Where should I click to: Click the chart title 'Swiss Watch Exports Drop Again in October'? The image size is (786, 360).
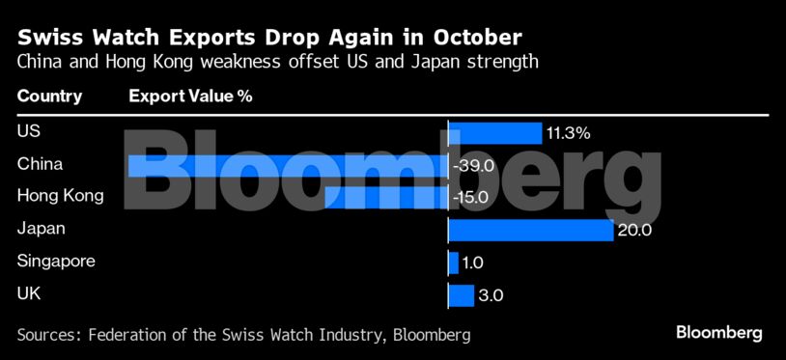(269, 38)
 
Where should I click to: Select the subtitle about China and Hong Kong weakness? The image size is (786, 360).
(277, 63)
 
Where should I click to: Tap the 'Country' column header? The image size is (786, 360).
(49, 97)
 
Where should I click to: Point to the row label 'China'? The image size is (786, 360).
(40, 164)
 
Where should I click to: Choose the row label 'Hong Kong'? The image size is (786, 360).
(60, 196)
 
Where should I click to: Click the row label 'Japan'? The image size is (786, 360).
(41, 229)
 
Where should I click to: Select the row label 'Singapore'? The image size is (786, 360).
(56, 262)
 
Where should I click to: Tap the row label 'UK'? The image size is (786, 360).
(28, 294)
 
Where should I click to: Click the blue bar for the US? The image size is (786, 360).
(494, 133)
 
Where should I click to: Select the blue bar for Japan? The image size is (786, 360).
(530, 230)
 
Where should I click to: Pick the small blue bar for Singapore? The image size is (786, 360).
(453, 263)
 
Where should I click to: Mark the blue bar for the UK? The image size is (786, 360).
(461, 295)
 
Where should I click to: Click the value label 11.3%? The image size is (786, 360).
(568, 133)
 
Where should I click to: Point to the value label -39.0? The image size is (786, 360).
(473, 166)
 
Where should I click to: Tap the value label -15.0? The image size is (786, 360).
(472, 198)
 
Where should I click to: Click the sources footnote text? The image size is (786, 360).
(243, 335)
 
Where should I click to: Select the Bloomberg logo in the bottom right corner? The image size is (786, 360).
(718, 333)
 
